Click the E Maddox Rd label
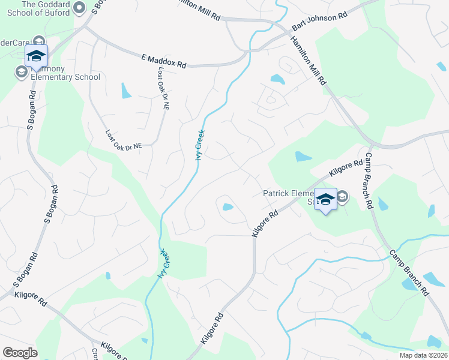(163, 61)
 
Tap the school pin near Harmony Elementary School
(36, 56)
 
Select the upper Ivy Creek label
(200, 145)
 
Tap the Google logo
(20, 353)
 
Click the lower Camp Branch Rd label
(408, 273)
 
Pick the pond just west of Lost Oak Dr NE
(126, 91)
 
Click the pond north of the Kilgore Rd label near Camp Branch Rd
(303, 157)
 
